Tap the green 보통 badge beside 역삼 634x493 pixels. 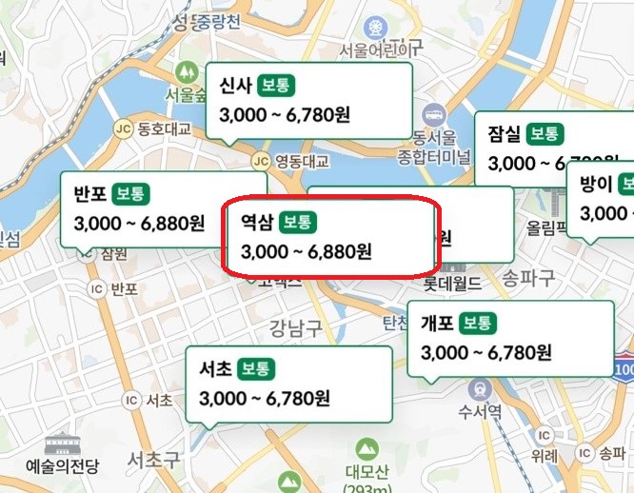299,223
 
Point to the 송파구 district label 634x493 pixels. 527,277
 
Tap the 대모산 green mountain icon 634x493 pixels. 366,447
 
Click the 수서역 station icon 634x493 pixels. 480,387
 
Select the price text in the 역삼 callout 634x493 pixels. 306,252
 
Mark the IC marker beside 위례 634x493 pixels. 545,428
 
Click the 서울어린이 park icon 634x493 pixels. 377,25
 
